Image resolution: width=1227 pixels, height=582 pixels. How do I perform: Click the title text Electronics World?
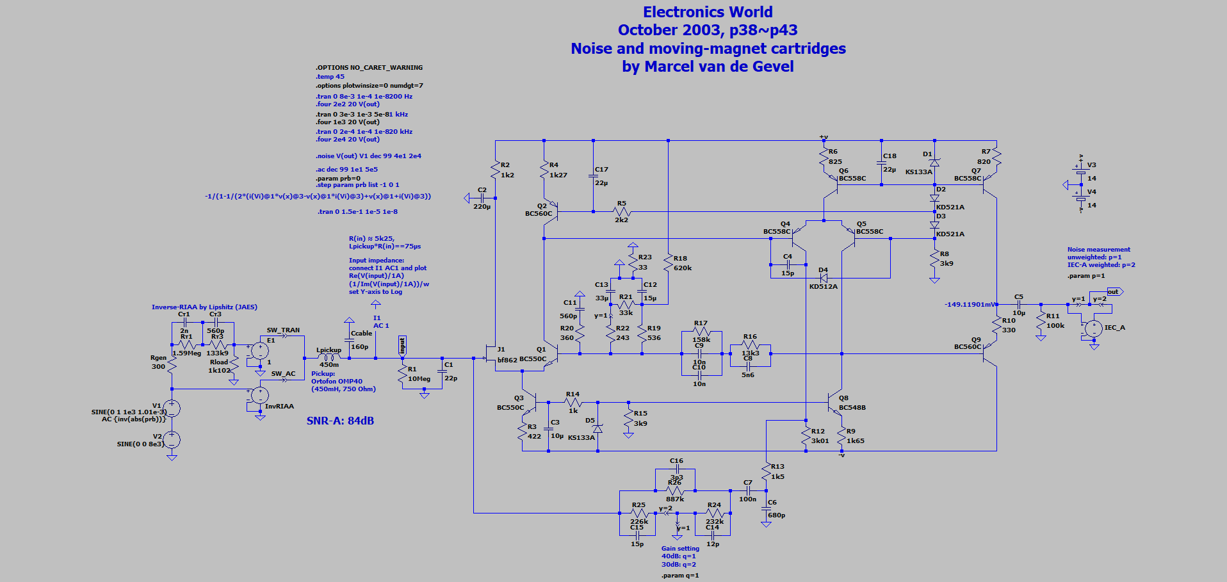click(708, 12)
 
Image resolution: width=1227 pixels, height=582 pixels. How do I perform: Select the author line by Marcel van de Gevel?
click(708, 67)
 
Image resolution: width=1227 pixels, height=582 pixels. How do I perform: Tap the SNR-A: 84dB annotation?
click(340, 421)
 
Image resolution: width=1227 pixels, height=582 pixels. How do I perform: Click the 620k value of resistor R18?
click(683, 268)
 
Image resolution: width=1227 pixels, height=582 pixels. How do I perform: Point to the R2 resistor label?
click(505, 165)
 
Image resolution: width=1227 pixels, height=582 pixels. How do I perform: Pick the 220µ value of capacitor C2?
click(482, 207)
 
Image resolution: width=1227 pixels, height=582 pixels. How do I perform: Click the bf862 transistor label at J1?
click(507, 360)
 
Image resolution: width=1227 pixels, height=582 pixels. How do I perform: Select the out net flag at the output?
click(1113, 292)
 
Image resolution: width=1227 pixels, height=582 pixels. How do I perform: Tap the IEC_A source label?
click(1114, 328)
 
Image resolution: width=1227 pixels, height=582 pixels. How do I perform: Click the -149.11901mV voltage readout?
click(970, 305)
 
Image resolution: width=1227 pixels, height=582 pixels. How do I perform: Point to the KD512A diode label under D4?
click(823, 287)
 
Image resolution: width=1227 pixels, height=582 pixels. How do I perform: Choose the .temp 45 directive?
click(330, 77)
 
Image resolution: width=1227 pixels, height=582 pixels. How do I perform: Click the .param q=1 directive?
click(680, 576)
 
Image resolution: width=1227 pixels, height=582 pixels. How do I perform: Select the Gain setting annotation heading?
click(680, 549)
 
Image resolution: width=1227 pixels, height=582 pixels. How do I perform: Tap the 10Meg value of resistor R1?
click(419, 379)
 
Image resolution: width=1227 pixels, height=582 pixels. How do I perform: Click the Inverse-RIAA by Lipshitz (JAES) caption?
click(204, 307)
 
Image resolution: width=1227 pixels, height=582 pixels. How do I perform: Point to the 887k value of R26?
click(675, 499)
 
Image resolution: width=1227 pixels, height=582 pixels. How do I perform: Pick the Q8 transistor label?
click(843, 398)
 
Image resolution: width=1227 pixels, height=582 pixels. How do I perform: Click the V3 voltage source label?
click(1092, 165)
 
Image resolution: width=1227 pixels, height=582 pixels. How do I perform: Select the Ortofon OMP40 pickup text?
click(337, 382)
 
